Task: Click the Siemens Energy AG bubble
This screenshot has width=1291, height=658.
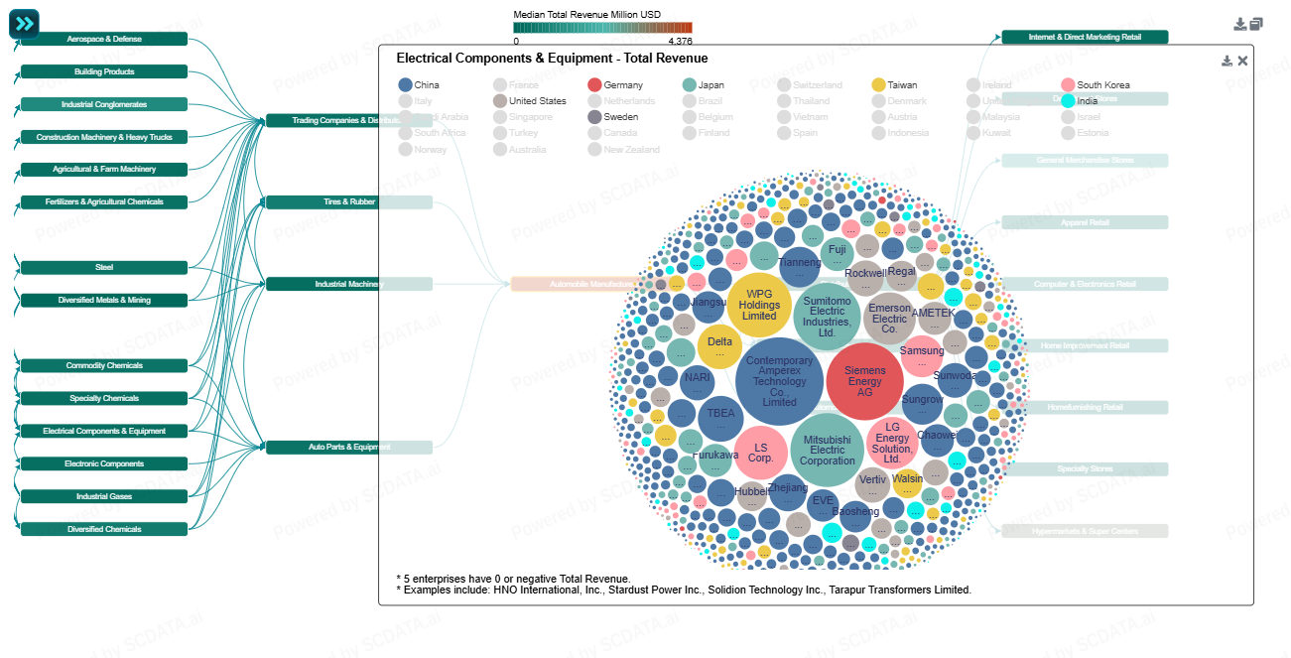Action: pyautogui.click(x=864, y=382)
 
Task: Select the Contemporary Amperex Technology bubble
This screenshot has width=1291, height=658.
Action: pyautogui.click(x=779, y=381)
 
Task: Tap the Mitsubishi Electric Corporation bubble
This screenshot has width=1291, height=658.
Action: pyautogui.click(x=828, y=450)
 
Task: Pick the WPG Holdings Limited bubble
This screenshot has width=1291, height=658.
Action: pyautogui.click(x=759, y=305)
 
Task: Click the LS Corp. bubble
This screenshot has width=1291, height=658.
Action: pyautogui.click(x=761, y=453)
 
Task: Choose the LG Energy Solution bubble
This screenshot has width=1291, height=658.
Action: pyautogui.click(x=892, y=444)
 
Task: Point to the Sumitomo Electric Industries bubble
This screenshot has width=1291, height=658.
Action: pyautogui.click(x=827, y=316)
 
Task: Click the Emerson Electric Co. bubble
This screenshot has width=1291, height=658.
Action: pyautogui.click(x=889, y=318)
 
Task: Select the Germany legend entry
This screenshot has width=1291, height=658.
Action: pyautogui.click(x=594, y=85)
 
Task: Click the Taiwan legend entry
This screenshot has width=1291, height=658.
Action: pyautogui.click(x=878, y=85)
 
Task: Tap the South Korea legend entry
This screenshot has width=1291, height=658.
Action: pyautogui.click(x=1068, y=85)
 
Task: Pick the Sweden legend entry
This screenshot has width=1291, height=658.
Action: pyautogui.click(x=594, y=117)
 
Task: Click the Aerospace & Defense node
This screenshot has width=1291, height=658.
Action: pyautogui.click(x=104, y=39)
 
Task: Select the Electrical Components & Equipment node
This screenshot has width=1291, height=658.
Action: pyautogui.click(x=104, y=431)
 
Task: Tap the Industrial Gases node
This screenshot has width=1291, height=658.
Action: pyautogui.click(x=104, y=496)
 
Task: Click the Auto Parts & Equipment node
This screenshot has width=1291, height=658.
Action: pyautogui.click(x=349, y=447)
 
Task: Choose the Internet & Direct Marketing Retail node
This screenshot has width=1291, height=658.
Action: pyautogui.click(x=1085, y=37)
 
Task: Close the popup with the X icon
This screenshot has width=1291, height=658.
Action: pyautogui.click(x=1242, y=61)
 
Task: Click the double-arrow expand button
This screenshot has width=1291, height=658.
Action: pyautogui.click(x=24, y=24)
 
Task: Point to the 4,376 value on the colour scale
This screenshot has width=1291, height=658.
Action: pyautogui.click(x=680, y=42)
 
